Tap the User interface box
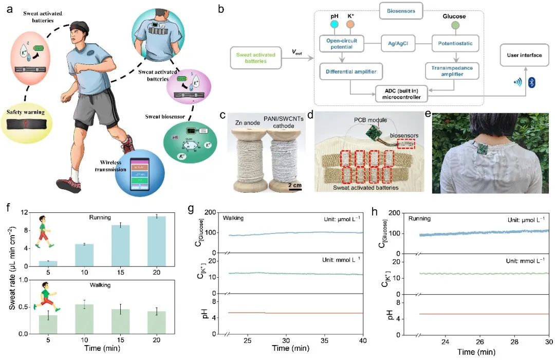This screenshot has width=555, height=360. point(522,55)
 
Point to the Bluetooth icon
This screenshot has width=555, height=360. point(532,82)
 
